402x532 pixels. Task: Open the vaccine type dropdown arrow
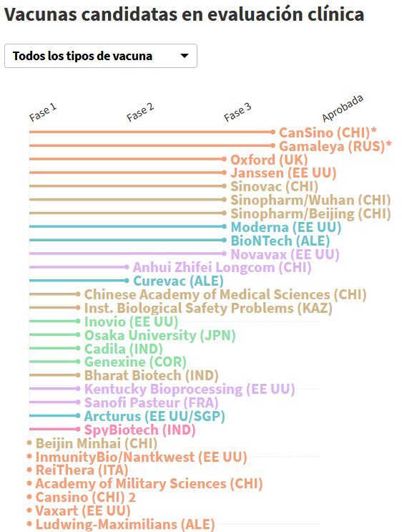(185, 56)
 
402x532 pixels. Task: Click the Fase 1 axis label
(43, 112)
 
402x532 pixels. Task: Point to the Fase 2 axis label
(140, 112)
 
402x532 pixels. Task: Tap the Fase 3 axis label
(237, 112)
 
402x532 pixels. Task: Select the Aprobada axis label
(343, 108)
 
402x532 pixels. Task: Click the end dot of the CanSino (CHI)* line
(273, 132)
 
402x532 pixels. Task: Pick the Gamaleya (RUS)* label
(335, 146)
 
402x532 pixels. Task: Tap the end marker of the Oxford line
(224, 159)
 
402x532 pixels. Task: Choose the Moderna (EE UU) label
(285, 227)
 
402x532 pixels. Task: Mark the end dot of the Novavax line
(224, 253)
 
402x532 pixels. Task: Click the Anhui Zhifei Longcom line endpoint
(127, 267)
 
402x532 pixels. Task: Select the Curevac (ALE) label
(178, 281)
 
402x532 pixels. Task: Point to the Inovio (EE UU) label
(131, 321)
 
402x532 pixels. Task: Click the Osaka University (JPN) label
(160, 335)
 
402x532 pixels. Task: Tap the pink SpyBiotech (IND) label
(139, 430)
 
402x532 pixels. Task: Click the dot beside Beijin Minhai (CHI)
(29, 442)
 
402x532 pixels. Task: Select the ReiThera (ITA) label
(82, 470)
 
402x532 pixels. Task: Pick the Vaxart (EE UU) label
(83, 511)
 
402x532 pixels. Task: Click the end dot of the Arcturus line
(78, 415)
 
